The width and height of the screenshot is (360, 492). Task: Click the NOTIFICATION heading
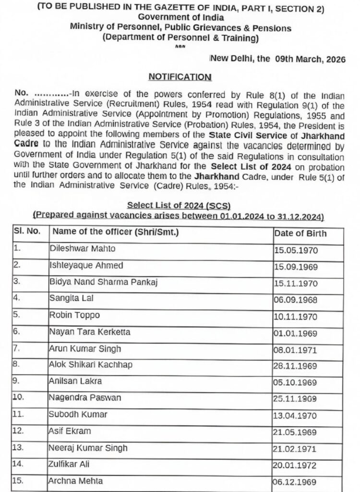click(180, 77)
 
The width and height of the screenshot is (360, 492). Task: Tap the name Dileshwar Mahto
click(83, 249)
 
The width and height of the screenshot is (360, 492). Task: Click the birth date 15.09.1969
click(296, 267)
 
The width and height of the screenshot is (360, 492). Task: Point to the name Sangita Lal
click(71, 298)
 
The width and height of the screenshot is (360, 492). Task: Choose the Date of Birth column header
click(300, 234)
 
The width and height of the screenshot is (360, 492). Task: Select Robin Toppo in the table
click(74, 315)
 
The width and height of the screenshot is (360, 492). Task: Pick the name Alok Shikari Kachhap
click(90, 365)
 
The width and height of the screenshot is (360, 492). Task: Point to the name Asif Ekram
click(70, 431)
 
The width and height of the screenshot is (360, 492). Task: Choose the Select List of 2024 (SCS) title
click(179, 206)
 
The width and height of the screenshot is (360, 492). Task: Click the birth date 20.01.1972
click(296, 465)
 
